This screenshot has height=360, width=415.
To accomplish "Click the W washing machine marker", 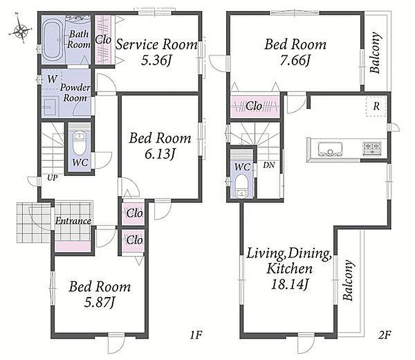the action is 53,79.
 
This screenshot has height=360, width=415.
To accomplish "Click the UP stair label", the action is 52,177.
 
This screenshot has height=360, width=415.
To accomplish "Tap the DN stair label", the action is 269,165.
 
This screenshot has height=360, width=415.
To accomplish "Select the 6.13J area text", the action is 160,153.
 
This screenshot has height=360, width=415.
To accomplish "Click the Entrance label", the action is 73,220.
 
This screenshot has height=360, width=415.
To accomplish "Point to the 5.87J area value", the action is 100,302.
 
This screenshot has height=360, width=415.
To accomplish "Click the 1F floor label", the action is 196,335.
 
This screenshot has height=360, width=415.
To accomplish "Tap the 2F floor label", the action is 385,335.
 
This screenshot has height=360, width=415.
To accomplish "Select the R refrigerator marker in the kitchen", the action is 376,106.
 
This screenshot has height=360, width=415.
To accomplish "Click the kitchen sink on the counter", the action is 330,149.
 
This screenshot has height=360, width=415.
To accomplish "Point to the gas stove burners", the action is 372,148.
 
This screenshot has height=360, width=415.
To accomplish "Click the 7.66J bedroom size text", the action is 295,60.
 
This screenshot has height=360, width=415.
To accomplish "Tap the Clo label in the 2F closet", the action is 254,106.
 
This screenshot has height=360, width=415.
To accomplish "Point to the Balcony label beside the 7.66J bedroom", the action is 376,53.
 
